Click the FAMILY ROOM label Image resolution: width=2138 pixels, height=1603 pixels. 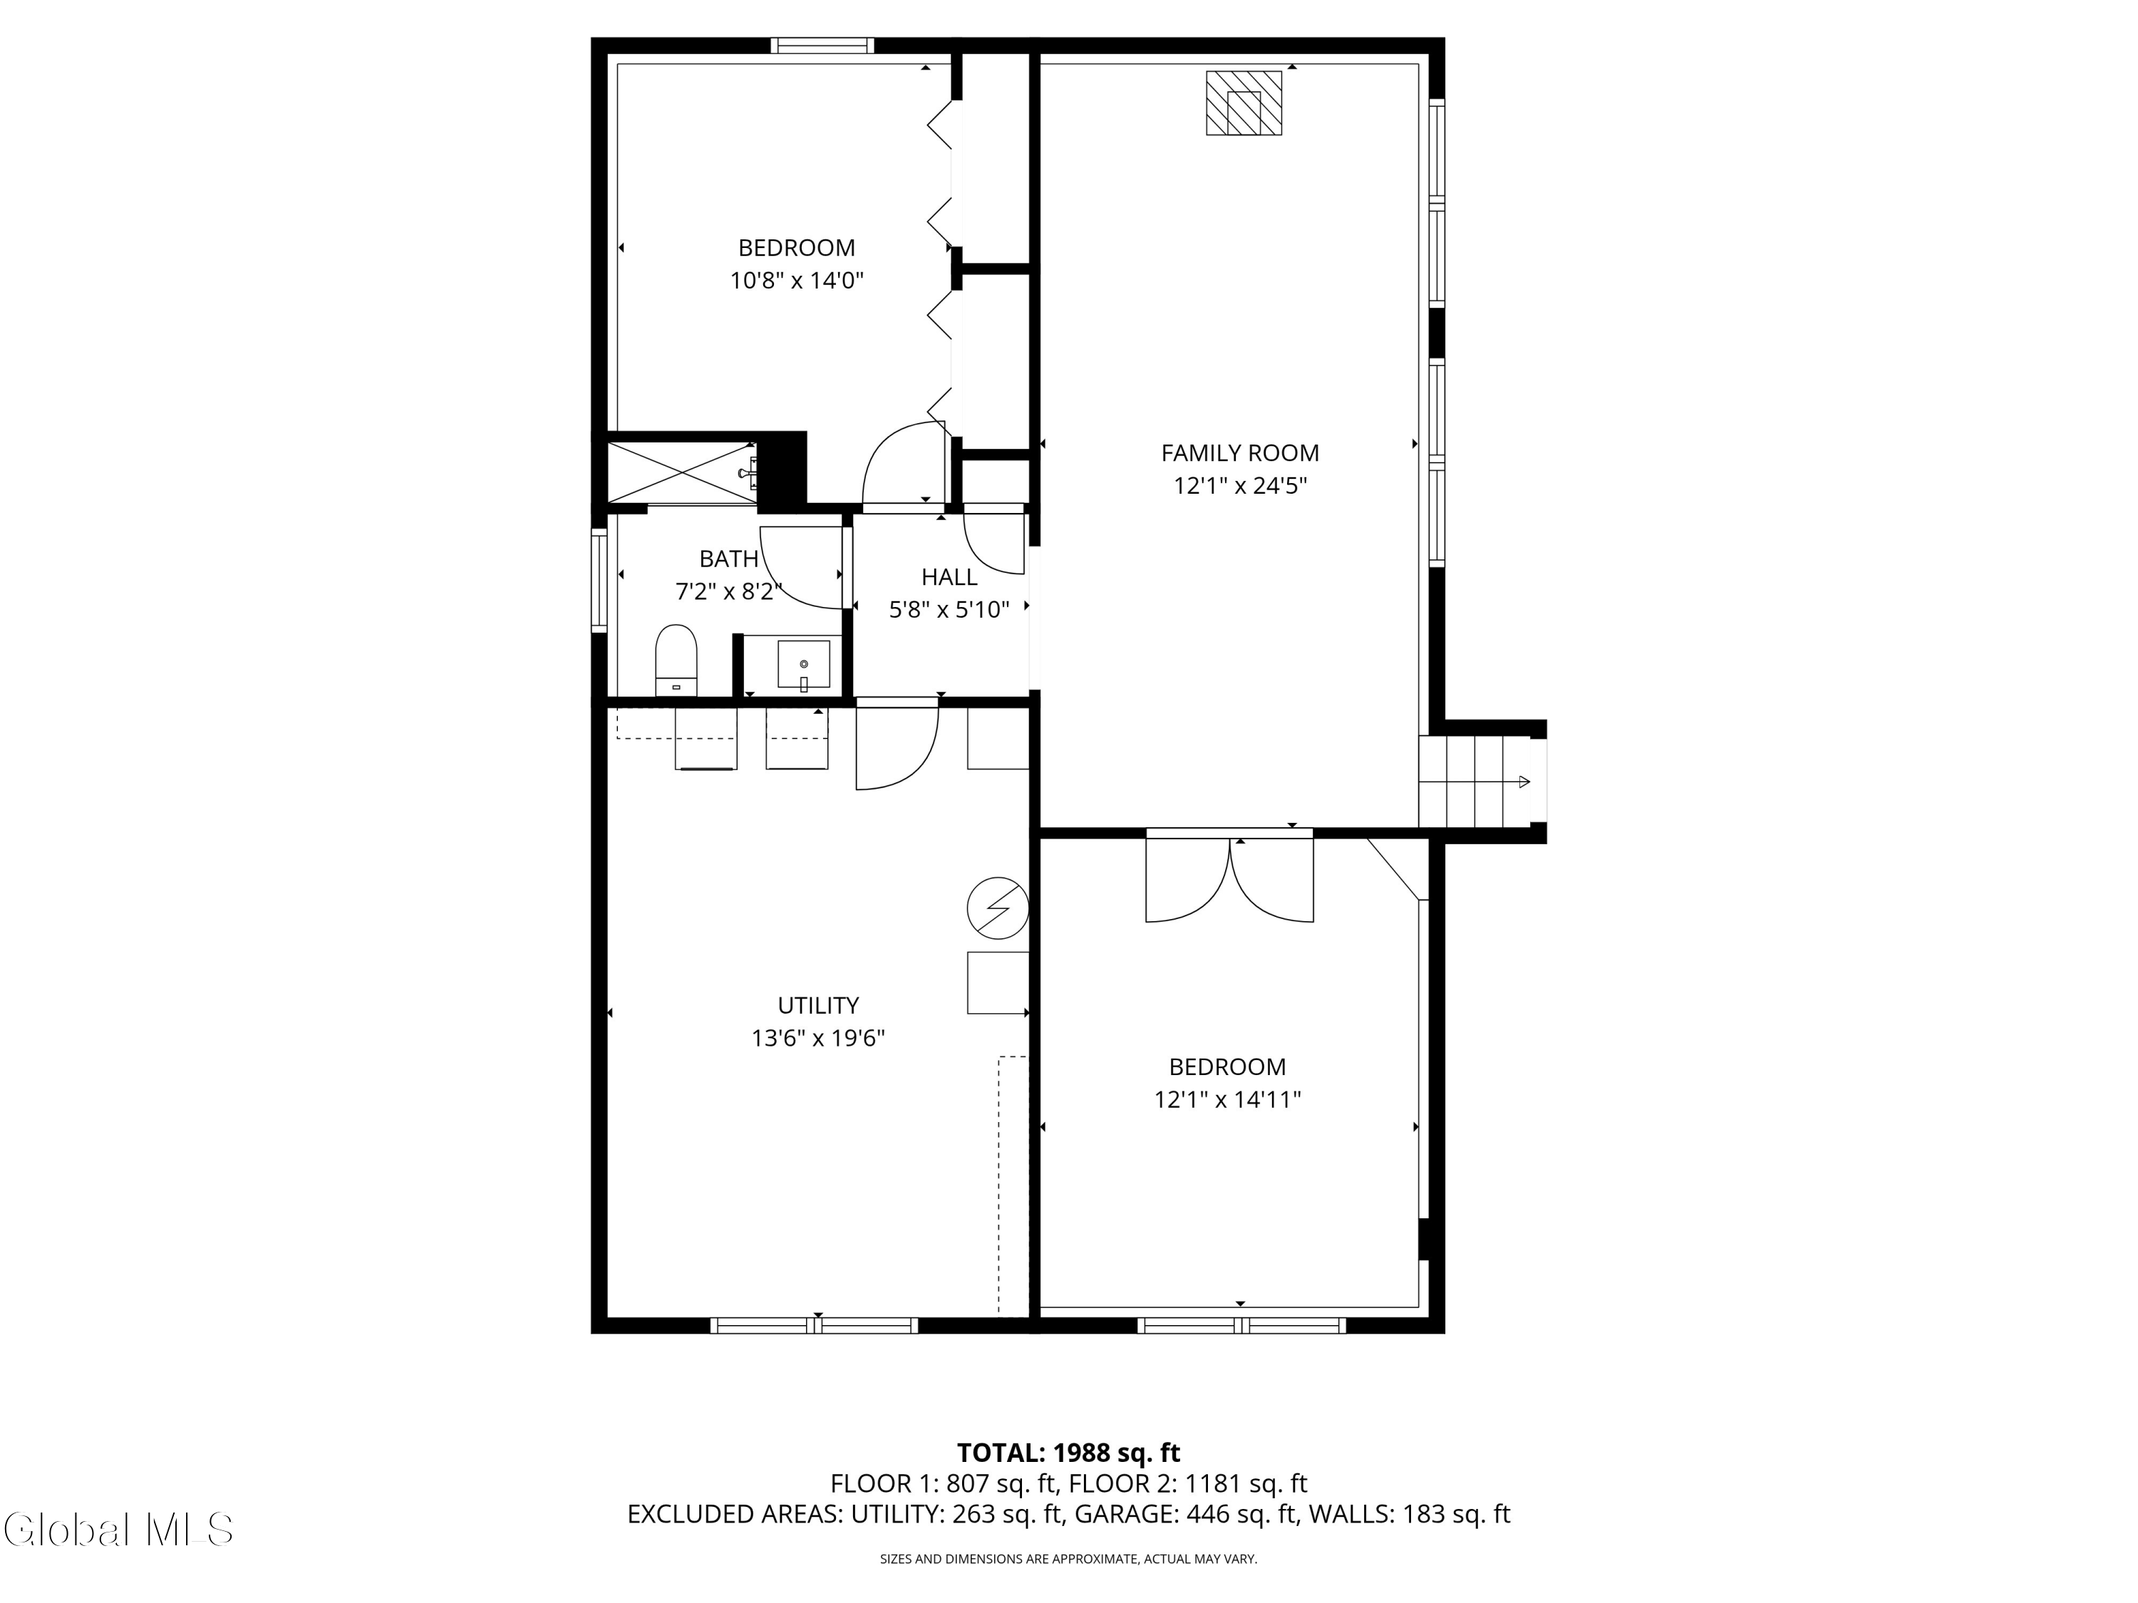click(x=1239, y=452)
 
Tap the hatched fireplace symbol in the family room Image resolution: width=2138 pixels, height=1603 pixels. click(x=1243, y=103)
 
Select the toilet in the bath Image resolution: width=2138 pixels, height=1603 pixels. click(x=676, y=659)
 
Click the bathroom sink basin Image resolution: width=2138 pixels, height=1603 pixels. click(x=803, y=665)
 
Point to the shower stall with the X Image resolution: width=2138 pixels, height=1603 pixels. click(x=681, y=472)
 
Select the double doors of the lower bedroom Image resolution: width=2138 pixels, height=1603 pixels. click(x=1229, y=878)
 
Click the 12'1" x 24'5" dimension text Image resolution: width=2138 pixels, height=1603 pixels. click(x=1239, y=486)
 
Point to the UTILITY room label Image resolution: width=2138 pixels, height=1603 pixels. click(x=817, y=1005)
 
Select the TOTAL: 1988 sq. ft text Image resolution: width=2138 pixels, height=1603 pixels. click(x=1068, y=1452)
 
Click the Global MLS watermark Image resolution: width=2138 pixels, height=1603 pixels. click(x=118, y=1530)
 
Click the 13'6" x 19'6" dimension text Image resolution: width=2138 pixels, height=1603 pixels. click(x=817, y=1039)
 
